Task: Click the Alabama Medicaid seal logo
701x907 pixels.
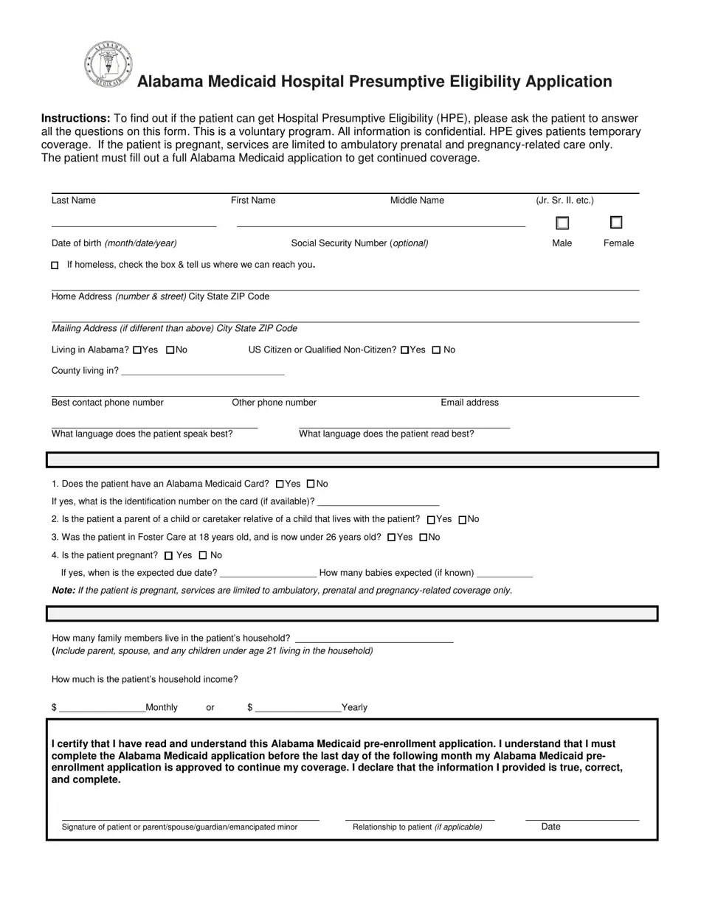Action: [108, 65]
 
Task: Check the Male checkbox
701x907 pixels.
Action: [562, 223]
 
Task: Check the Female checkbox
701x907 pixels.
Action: [616, 222]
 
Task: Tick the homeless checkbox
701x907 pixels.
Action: [55, 265]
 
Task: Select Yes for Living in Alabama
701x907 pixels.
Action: [137, 350]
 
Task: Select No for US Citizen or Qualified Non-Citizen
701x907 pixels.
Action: [436, 350]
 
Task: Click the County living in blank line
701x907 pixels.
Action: [202, 372]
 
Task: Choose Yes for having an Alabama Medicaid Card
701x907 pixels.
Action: [280, 484]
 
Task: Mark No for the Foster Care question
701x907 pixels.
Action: [424, 538]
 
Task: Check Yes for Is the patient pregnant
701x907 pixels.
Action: [169, 555]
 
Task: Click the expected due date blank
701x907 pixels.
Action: [269, 573]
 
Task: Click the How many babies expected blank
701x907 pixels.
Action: [505, 573]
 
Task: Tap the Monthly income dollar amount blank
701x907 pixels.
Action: [102, 708]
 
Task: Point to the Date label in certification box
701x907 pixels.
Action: [550, 827]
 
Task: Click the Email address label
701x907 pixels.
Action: [469, 403]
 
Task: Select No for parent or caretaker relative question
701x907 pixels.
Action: [463, 520]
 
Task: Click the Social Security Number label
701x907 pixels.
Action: [359, 243]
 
